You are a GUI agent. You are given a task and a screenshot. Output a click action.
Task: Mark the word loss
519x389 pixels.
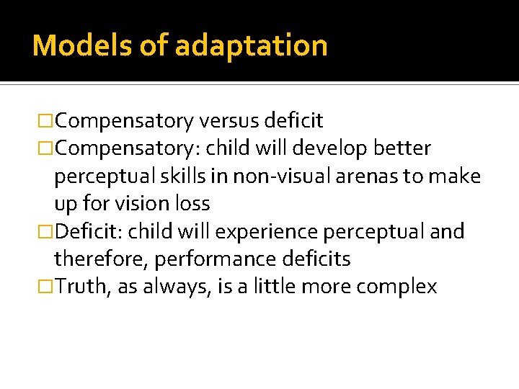pos(191,204)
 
